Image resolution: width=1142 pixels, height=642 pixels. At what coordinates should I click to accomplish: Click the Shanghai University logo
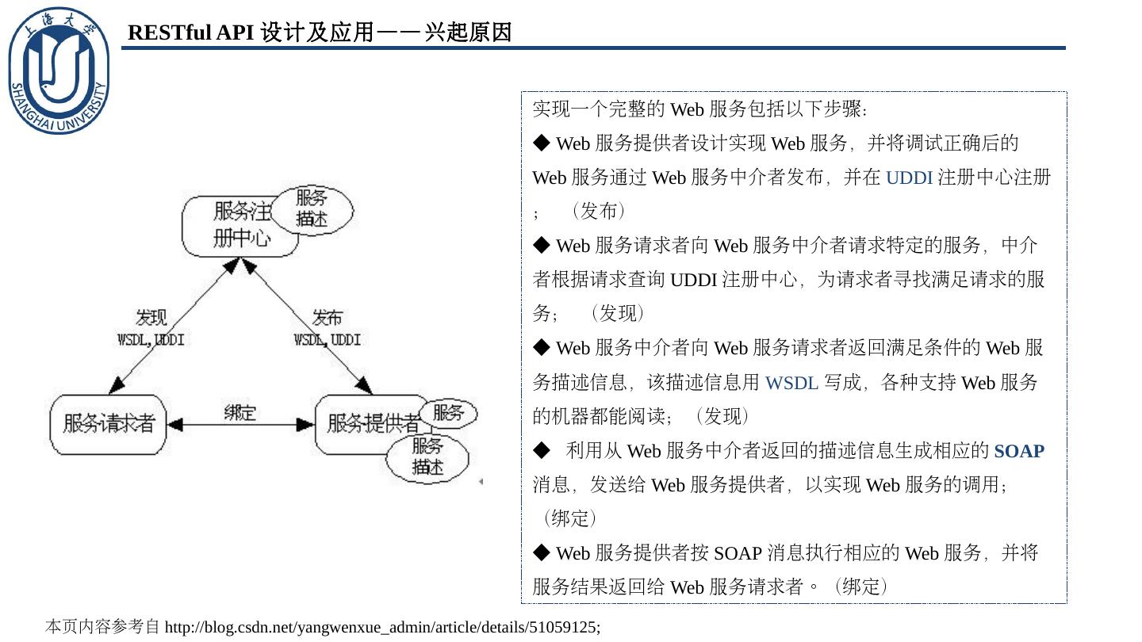click(59, 71)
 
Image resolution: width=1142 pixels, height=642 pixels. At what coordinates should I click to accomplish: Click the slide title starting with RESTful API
click(320, 32)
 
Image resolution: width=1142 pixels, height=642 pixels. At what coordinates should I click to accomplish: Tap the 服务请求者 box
click(109, 424)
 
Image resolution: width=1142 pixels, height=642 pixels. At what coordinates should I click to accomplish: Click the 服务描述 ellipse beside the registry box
click(312, 209)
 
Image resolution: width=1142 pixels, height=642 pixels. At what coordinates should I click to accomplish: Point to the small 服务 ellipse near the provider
click(448, 413)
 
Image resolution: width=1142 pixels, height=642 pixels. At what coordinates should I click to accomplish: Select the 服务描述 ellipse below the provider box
click(427, 457)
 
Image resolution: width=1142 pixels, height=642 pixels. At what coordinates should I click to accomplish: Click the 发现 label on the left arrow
click(151, 318)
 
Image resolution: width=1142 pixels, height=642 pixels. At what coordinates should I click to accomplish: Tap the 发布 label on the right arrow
click(327, 318)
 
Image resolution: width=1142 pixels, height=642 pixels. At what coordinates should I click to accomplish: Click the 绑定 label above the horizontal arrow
click(240, 412)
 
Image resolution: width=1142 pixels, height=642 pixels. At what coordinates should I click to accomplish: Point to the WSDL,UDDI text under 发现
click(151, 340)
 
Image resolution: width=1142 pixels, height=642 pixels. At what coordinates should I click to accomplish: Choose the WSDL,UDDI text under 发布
click(327, 340)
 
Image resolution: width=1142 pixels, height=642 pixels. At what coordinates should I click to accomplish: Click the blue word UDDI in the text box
click(909, 178)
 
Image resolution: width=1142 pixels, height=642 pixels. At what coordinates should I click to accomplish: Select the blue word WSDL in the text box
click(791, 383)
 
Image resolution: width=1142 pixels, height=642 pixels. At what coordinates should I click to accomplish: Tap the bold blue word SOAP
click(1019, 451)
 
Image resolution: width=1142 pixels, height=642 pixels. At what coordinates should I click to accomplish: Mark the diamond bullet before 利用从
click(542, 450)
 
